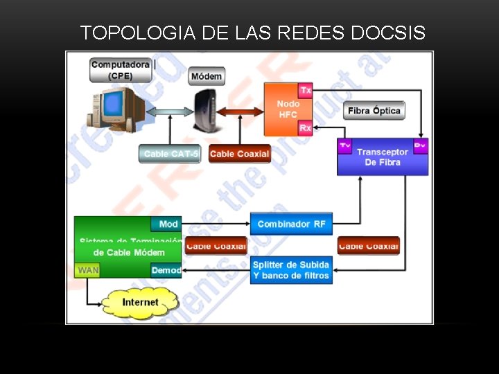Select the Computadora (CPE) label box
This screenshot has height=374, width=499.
click(121, 70)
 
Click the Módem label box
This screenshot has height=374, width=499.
click(207, 76)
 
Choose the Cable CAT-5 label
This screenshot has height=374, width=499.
click(170, 154)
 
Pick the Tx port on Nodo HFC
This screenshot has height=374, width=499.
click(305, 90)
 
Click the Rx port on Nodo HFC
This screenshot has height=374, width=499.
click(305, 128)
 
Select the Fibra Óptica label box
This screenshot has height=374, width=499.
click(374, 111)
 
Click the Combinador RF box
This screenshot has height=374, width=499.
click(291, 224)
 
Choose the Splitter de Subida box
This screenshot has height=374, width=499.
click(291, 270)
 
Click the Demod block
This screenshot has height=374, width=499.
click(166, 270)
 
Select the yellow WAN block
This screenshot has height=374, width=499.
click(87, 270)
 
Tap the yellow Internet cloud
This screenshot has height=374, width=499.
click(140, 303)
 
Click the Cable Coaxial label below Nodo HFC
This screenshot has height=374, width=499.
click(239, 154)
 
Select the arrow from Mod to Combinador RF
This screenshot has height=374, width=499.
click(216, 224)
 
